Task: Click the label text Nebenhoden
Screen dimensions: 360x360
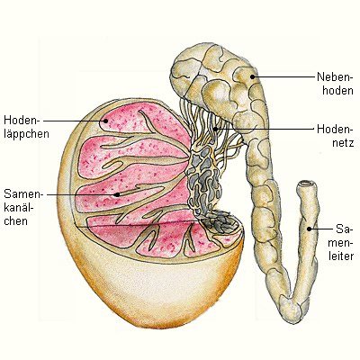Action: [x=335, y=84]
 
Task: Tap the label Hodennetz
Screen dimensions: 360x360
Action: [x=335, y=136]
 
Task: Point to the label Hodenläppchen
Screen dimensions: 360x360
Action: [x=26, y=127]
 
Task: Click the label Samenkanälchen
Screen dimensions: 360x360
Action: [x=23, y=208]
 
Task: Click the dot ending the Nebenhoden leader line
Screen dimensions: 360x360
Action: [x=253, y=76]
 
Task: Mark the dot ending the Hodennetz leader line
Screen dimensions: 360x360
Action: [x=215, y=130]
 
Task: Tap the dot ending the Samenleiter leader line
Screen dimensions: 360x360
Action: [x=309, y=229]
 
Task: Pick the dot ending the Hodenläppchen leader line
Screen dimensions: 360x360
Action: [x=105, y=121]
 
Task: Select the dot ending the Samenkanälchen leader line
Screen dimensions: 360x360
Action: [x=118, y=194]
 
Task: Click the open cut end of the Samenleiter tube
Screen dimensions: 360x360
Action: [x=306, y=184]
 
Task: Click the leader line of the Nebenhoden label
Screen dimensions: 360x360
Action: [x=283, y=76]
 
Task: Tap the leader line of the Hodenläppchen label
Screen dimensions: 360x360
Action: [x=75, y=121]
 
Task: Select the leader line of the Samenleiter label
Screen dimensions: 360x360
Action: [x=321, y=229]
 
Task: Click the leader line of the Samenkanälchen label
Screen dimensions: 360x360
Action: [x=82, y=194]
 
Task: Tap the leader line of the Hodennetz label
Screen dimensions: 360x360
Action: [x=265, y=130]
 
